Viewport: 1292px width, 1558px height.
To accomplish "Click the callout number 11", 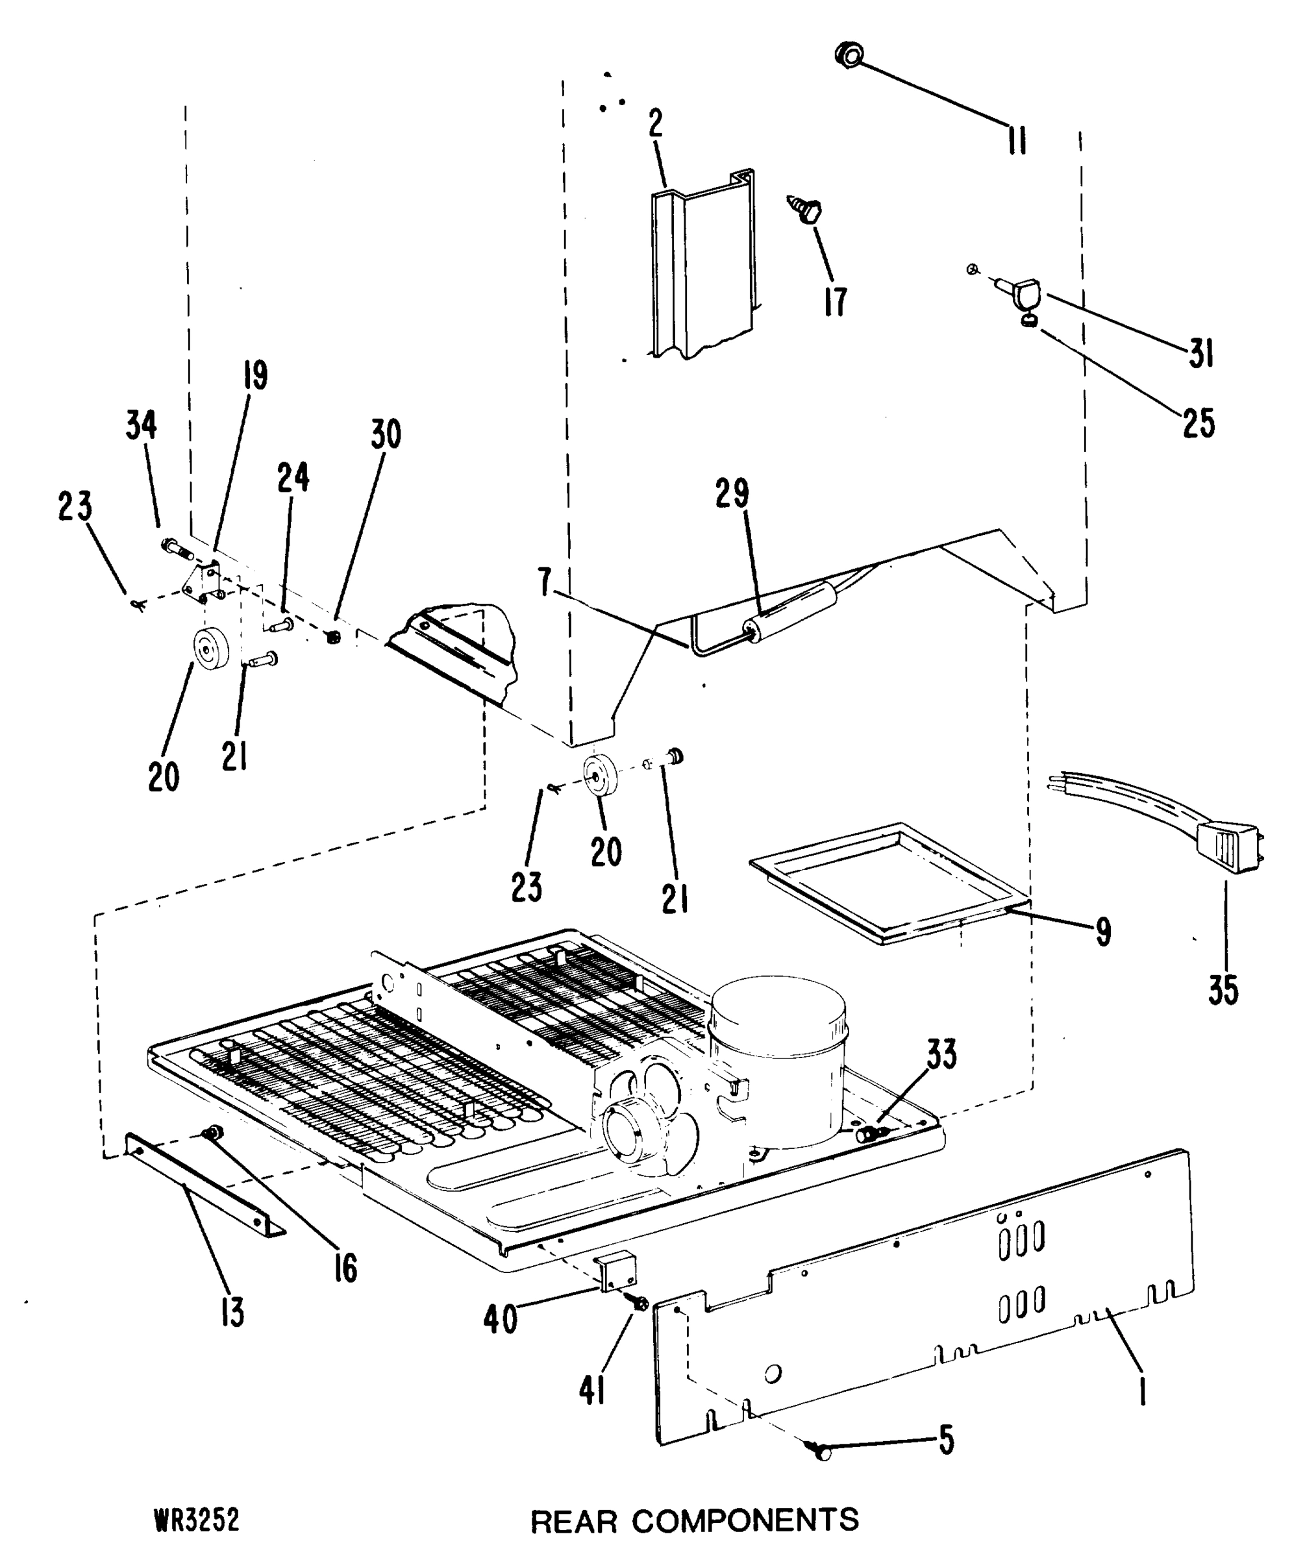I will coord(1017,140).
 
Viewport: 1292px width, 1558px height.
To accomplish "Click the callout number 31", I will coord(1200,353).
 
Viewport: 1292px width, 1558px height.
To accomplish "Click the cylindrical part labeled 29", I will coord(793,613).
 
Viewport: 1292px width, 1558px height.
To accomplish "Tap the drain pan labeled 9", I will coord(891,883).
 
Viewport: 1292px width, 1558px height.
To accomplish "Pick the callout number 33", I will coord(941,1054).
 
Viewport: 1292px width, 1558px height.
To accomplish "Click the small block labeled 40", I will coord(618,1271).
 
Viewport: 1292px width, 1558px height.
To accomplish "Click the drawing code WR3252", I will coord(197,1520).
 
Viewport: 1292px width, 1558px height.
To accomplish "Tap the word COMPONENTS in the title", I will coord(745,1520).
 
